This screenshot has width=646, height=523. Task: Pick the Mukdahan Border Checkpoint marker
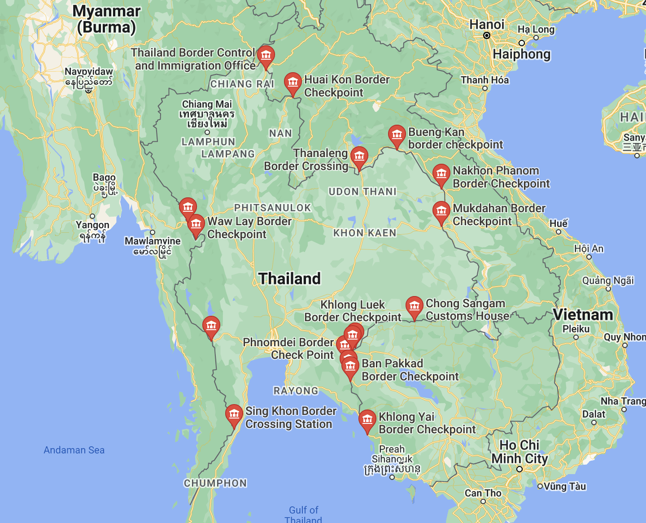pos(441,211)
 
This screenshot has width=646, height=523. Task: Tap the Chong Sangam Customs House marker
pos(414,306)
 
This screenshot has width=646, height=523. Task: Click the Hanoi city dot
pos(487,35)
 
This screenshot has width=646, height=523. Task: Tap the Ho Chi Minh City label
pos(519,452)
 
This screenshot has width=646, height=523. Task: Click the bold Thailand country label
pos(289,279)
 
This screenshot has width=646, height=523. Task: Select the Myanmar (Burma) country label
pos(106,19)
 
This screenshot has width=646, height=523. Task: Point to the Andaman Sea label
pos(74,450)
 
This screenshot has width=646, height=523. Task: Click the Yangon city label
pos(92,225)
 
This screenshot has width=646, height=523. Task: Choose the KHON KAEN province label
pos(365,233)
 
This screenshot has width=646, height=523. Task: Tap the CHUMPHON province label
pos(215,483)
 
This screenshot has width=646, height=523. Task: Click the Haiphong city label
pos(521,54)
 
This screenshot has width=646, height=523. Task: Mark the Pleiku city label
pos(576,329)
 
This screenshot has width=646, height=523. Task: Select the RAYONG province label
pos(296,391)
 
